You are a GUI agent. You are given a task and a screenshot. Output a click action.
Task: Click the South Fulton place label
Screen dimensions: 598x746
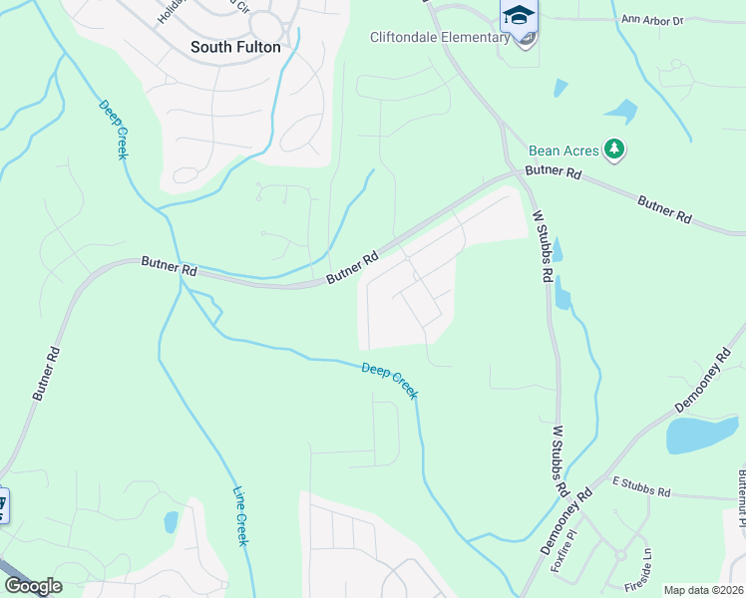pyautogui.click(x=235, y=47)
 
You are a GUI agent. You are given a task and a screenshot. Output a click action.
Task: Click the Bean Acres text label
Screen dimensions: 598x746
pyautogui.click(x=563, y=150)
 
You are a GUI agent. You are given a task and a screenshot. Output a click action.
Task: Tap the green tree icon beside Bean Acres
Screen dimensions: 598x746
pyautogui.click(x=615, y=150)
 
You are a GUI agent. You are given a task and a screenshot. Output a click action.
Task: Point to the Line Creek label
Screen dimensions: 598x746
pyautogui.click(x=240, y=514)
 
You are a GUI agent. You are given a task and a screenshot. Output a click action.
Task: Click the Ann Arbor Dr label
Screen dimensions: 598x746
pyautogui.click(x=680, y=19)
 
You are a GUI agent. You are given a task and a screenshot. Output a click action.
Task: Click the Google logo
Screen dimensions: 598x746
pyautogui.click(x=32, y=586)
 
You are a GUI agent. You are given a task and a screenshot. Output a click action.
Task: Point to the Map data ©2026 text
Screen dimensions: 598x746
pyautogui.click(x=703, y=590)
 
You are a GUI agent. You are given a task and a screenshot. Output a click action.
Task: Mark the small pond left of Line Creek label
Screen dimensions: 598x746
pyautogui.click(x=171, y=521)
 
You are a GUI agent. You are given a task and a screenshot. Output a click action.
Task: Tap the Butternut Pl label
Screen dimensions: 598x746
pyautogui.click(x=741, y=498)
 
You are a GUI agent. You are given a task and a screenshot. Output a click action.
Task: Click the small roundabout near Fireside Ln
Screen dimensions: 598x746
pyautogui.click(x=620, y=554)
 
